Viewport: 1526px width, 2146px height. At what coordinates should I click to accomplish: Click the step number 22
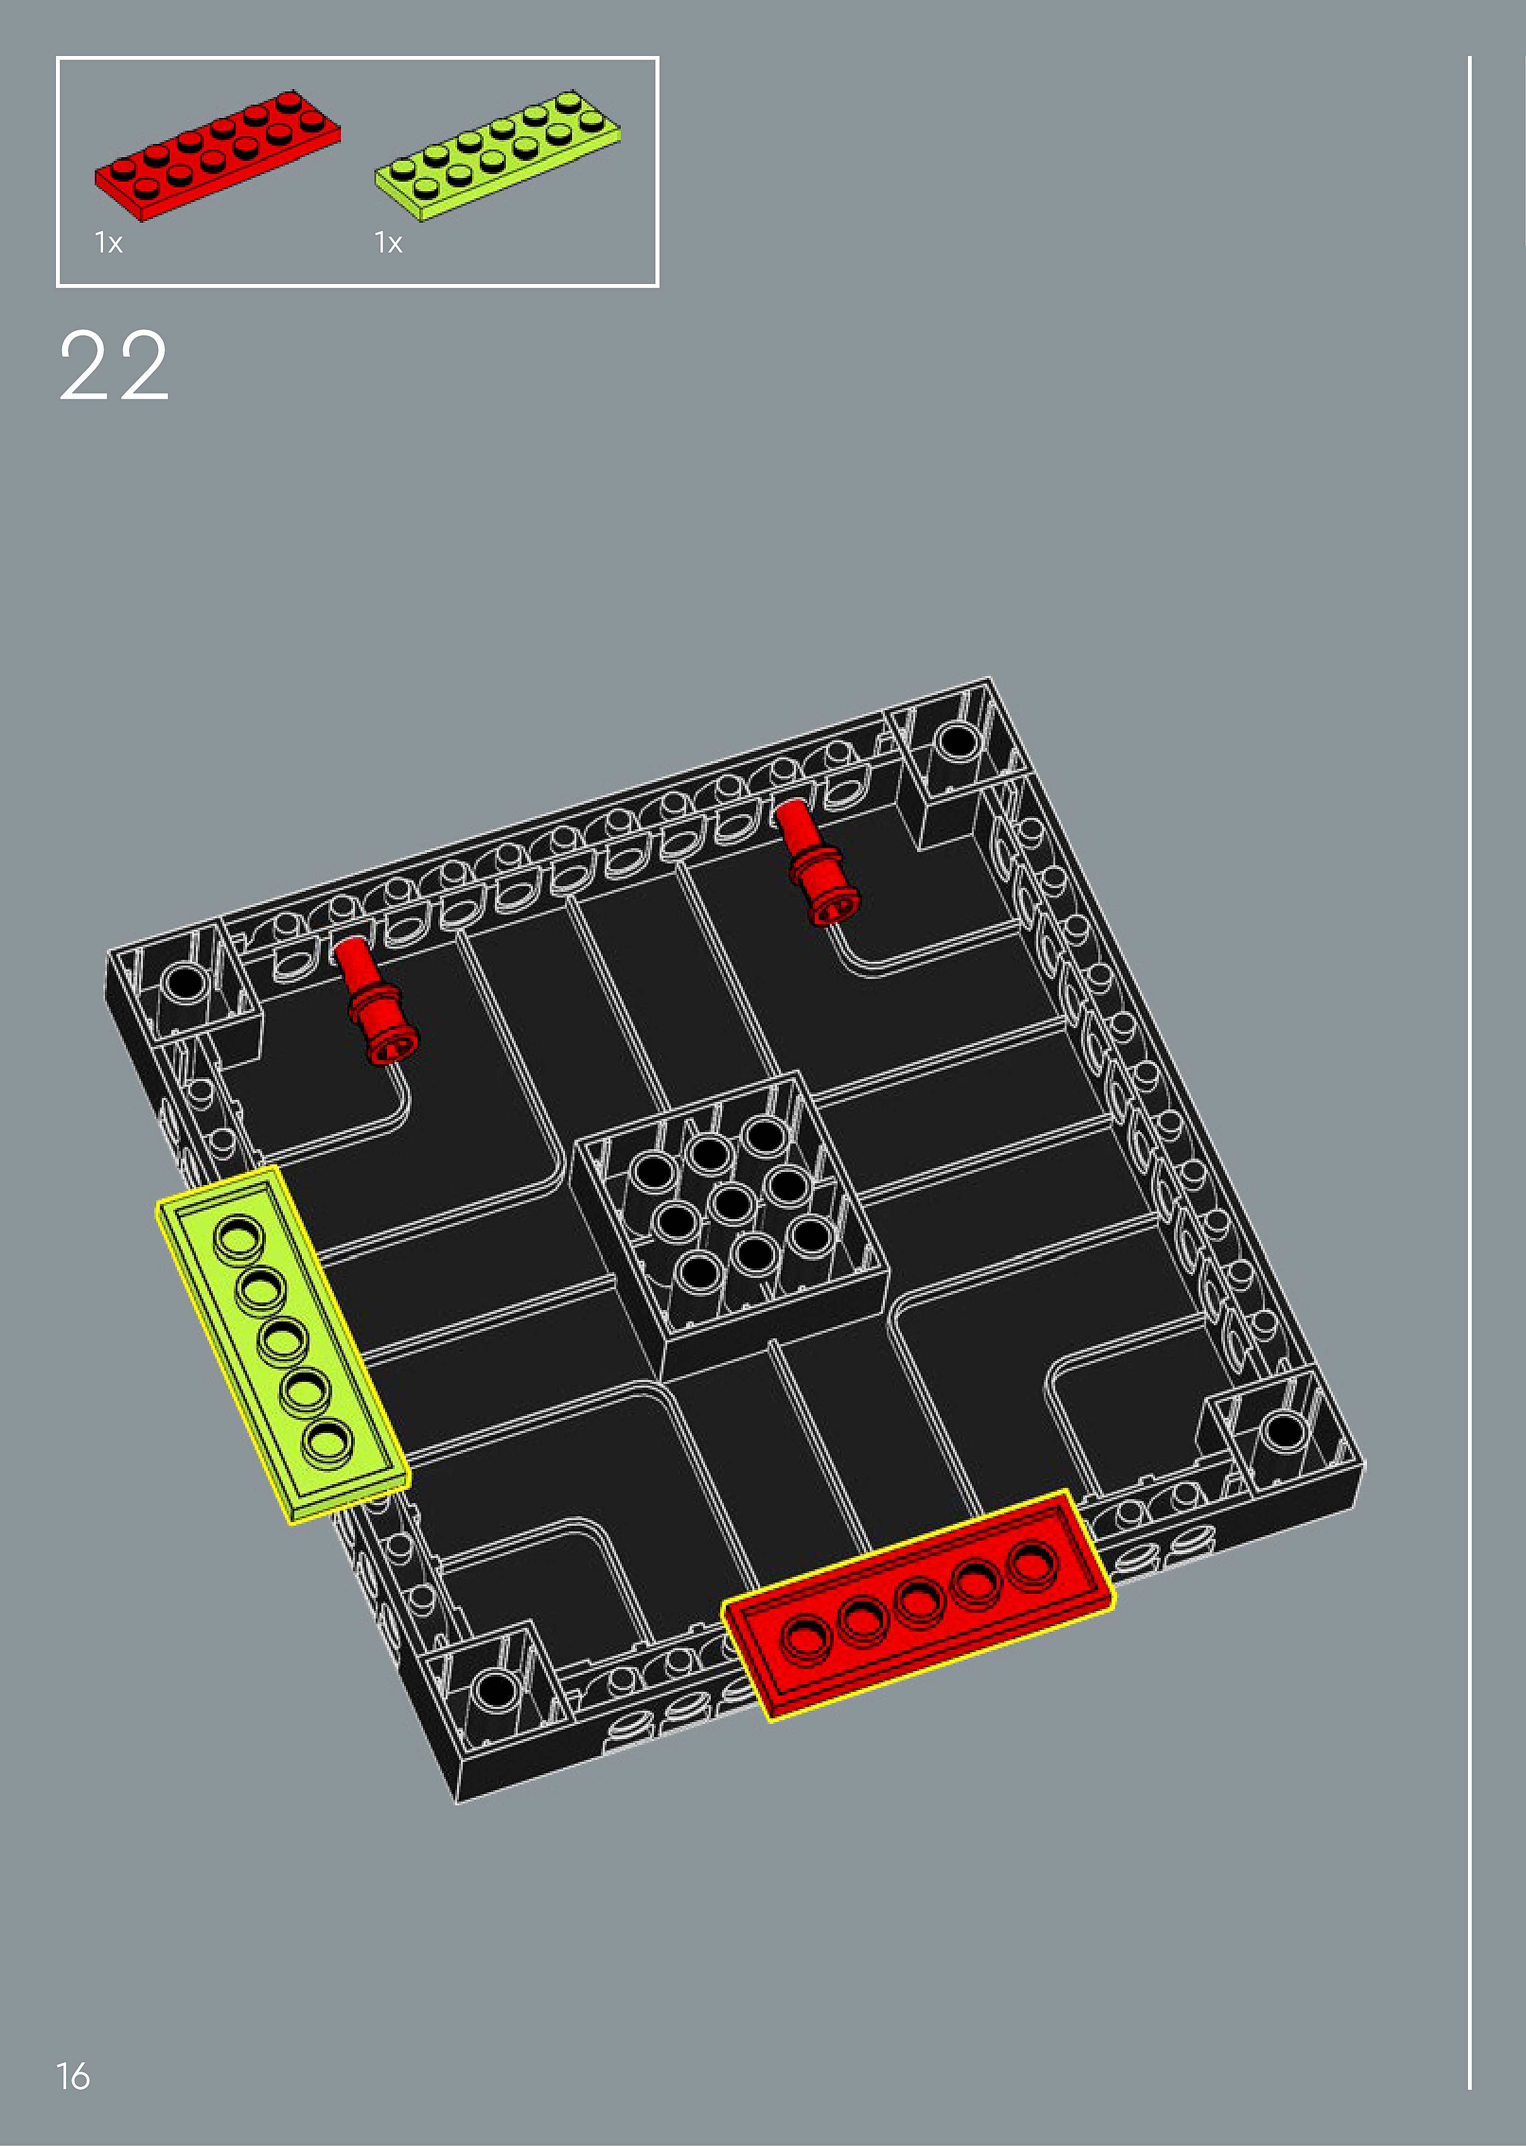pos(114,367)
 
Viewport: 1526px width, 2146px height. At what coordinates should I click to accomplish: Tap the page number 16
pos(73,2076)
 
